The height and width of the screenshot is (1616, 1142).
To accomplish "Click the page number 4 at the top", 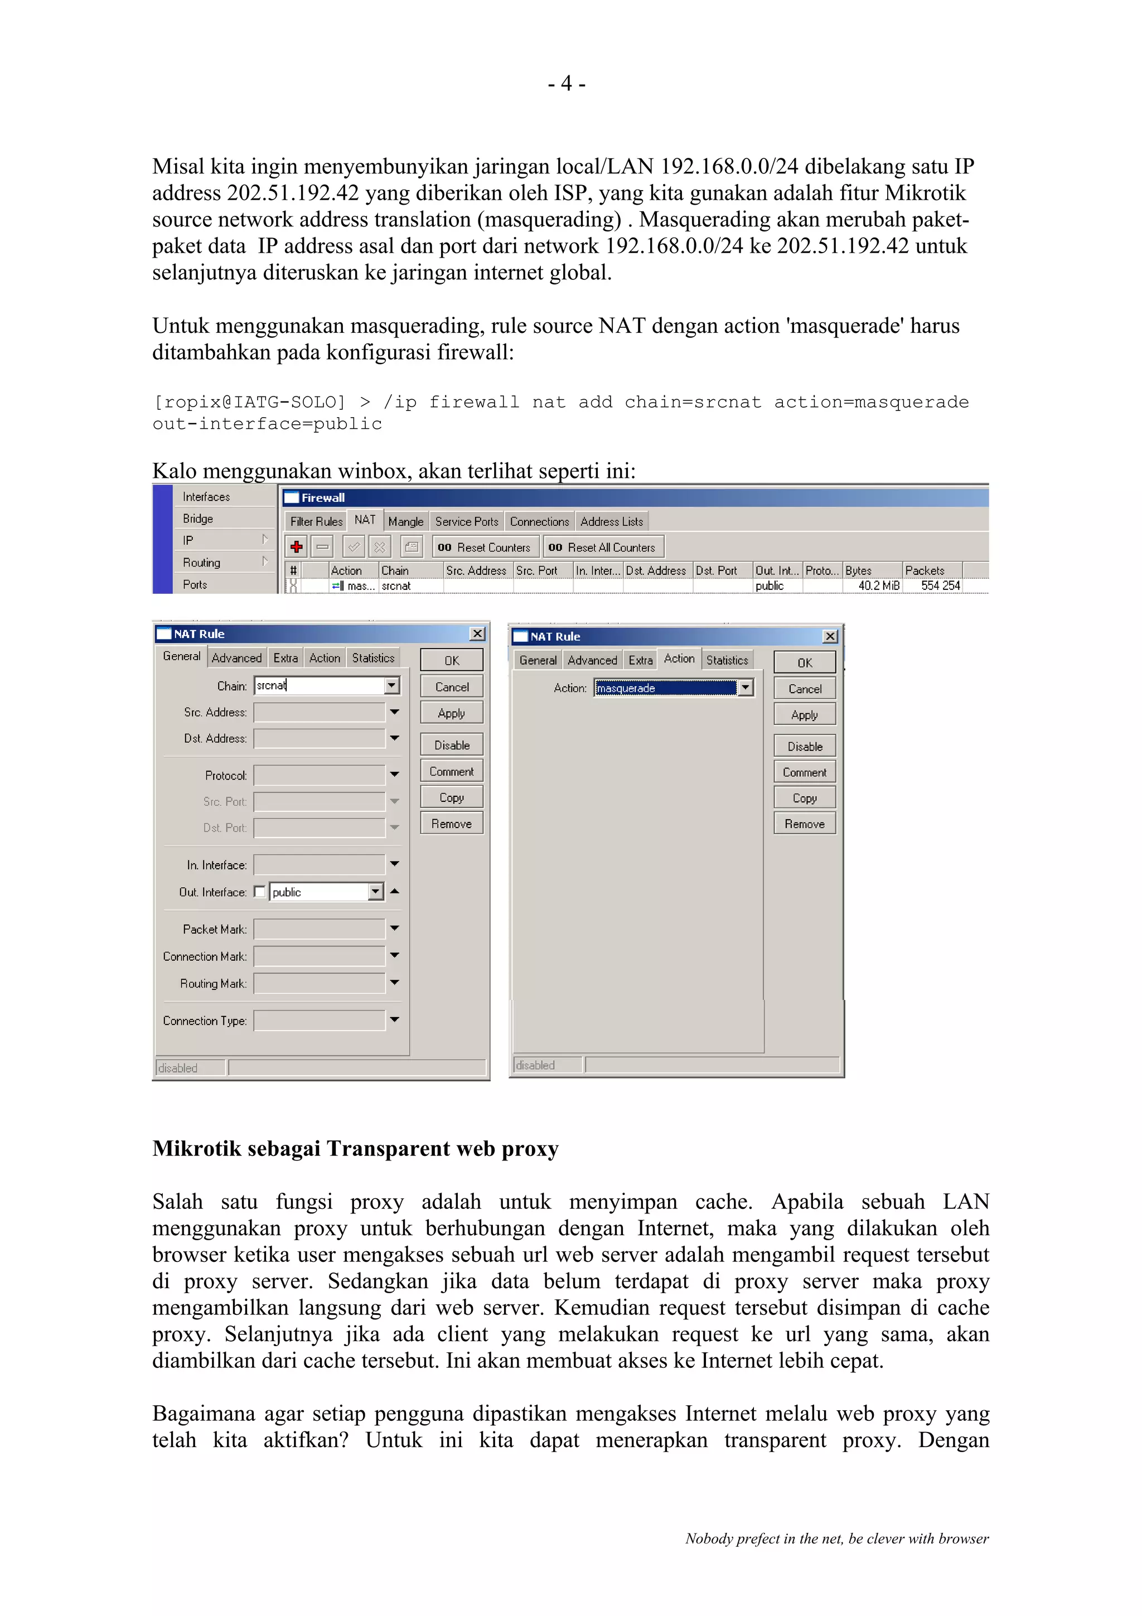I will click(567, 84).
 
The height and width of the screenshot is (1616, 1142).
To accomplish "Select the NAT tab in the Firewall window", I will click(365, 520).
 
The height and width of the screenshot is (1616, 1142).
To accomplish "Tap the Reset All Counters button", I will click(603, 547).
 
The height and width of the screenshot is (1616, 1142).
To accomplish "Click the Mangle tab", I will click(405, 521).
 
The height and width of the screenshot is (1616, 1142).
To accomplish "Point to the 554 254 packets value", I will click(940, 586).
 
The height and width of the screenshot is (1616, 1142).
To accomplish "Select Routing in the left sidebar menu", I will click(202, 562).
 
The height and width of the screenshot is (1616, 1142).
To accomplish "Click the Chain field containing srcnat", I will click(320, 685).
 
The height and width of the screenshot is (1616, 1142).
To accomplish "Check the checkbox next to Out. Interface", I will click(260, 892).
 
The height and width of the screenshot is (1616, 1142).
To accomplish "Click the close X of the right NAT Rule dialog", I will click(830, 636).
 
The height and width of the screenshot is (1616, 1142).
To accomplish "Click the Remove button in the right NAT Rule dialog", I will click(804, 824).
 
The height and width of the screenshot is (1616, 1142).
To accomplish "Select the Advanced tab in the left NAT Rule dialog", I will click(236, 658).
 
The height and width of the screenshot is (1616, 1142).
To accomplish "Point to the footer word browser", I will click(963, 1538).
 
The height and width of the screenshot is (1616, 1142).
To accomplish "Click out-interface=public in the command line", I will click(268, 424).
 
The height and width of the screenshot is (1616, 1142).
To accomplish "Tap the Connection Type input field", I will click(320, 1020).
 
